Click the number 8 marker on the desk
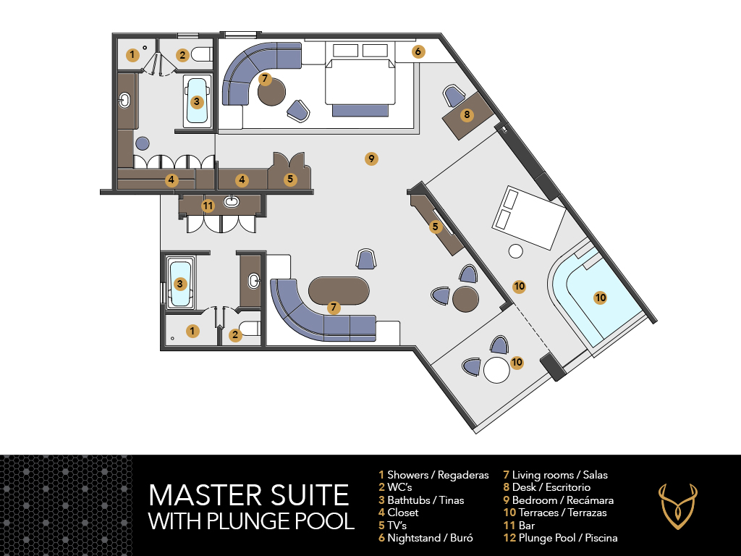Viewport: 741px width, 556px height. [467, 114]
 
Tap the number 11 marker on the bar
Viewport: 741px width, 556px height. [208, 206]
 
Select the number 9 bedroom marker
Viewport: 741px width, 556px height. [371, 159]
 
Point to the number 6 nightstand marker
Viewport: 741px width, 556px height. [418, 51]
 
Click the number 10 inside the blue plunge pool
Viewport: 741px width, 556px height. [600, 298]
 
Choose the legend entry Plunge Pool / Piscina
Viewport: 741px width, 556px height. [561, 538]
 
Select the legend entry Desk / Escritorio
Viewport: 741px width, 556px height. [547, 487]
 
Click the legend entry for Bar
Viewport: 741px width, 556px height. [519, 526]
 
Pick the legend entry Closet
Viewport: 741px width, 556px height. [399, 513]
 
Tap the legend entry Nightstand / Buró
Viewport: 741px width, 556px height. [425, 538]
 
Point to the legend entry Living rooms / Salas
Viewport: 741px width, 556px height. [555, 475]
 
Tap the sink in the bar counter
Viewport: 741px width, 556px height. [232, 202]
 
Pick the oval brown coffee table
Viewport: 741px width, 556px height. [339, 291]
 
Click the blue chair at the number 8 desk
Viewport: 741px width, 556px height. [454, 96]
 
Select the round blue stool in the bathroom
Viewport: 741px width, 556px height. [142, 143]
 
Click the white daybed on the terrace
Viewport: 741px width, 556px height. [529, 217]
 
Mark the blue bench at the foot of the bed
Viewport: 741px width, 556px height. [360, 111]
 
